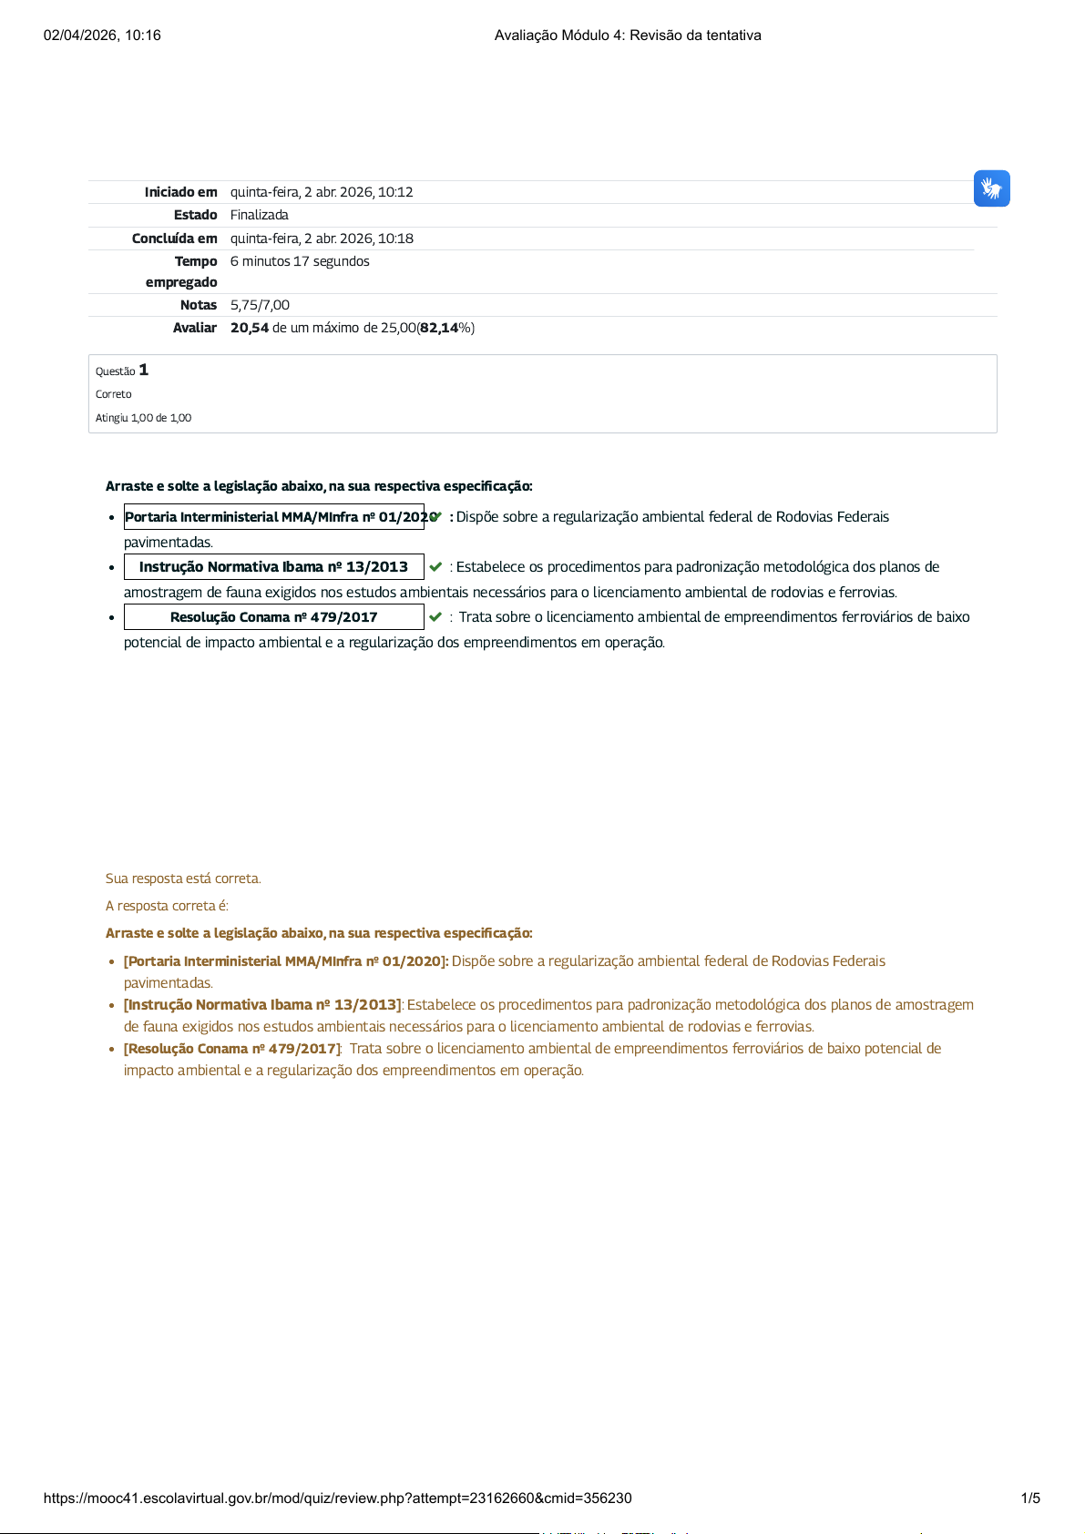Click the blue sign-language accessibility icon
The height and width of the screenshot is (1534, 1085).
pos(991,188)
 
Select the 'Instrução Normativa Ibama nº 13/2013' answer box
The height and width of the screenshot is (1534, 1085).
pos(273,566)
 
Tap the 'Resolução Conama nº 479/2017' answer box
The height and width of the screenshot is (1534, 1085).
pos(273,616)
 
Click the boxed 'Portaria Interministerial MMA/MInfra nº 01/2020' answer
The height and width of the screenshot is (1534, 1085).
pos(273,516)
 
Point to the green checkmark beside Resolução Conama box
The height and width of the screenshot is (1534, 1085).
pos(435,616)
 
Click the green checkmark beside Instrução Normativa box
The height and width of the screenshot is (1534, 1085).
pos(435,566)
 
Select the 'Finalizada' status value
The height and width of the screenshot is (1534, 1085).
pos(259,215)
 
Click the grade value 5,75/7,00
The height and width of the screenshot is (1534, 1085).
pos(260,305)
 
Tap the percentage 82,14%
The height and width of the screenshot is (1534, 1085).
pos(446,328)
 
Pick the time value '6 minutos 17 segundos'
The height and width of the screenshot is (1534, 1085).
pos(300,261)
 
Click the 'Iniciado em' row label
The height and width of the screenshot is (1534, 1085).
pos(180,192)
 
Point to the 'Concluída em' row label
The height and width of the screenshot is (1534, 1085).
pos(174,239)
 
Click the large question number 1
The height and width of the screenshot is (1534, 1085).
pos(144,370)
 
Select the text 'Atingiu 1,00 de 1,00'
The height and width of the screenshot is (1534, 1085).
pos(143,418)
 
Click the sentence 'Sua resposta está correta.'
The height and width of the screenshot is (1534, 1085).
pos(183,879)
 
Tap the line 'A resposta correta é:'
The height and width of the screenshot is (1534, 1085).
pos(167,906)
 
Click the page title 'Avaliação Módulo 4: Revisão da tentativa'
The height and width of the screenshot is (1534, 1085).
pos(628,36)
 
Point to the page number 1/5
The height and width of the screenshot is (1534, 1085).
pos(1030,1498)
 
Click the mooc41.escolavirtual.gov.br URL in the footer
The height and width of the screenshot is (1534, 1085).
pos(337,1498)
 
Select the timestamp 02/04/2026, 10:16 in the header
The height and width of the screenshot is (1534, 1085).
pos(102,36)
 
